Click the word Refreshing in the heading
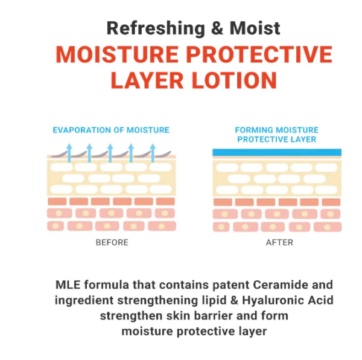[x=156, y=28]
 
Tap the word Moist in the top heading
[x=255, y=28]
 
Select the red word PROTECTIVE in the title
[x=259, y=54]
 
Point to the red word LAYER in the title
[x=147, y=80]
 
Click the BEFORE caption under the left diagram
[x=112, y=242]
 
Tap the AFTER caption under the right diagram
[x=279, y=242]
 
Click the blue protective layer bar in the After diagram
[x=277, y=152]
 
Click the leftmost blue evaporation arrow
[x=69, y=152]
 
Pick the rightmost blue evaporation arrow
[x=153, y=152]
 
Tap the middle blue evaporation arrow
[x=110, y=152]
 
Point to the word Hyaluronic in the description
[x=273, y=300]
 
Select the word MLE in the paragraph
[x=68, y=284]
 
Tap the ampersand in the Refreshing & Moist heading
[x=217, y=28]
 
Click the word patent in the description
[x=231, y=285]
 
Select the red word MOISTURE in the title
[x=117, y=54]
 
